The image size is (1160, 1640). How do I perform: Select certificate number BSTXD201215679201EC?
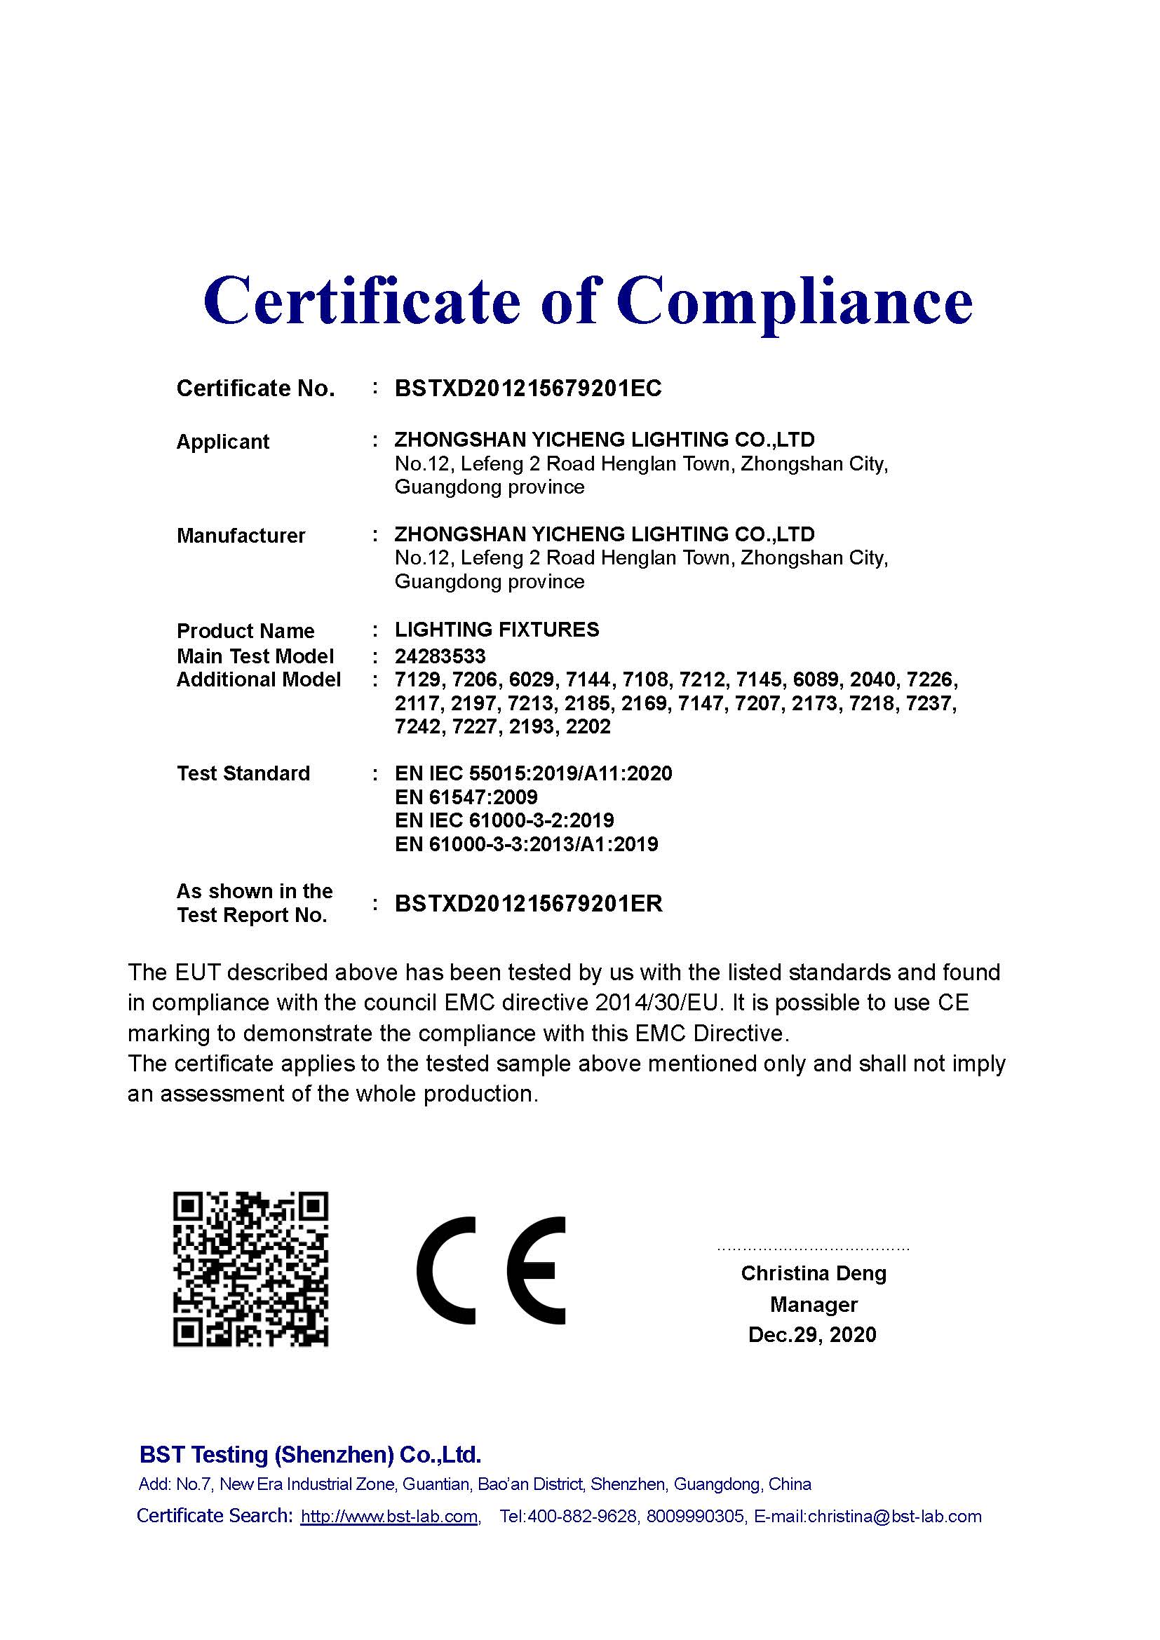528,388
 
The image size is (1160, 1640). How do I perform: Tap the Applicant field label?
223,442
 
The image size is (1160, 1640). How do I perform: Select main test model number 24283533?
440,656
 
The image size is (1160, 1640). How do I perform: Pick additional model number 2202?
588,726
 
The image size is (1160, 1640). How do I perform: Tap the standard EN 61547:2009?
466,797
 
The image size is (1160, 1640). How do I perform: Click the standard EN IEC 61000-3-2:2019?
504,820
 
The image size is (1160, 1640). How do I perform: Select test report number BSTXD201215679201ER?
529,904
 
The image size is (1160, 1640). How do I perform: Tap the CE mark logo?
492,1270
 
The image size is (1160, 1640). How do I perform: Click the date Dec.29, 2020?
812,1334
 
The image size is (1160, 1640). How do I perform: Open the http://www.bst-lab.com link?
389,1517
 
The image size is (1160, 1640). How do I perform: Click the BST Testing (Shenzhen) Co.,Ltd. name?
310,1454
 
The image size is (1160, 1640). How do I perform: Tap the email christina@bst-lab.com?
894,1517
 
